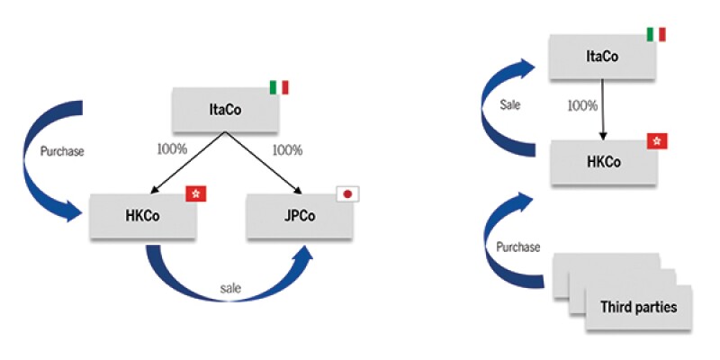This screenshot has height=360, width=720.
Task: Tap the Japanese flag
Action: [346, 193]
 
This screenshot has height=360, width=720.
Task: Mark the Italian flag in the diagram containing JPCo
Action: [279, 87]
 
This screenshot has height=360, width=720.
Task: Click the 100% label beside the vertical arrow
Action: [581, 105]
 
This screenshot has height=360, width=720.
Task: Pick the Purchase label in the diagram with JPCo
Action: [62, 151]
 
